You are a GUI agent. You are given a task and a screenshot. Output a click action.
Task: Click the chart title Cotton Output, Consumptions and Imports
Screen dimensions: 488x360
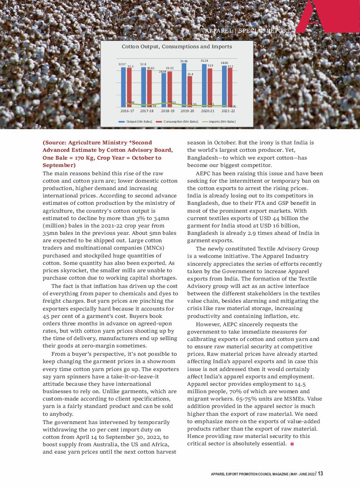click(x=177, y=47)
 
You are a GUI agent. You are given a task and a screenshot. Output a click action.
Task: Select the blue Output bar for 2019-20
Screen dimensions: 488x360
click(x=184, y=85)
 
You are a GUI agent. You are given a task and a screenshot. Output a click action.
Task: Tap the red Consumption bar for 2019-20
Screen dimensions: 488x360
click(x=190, y=91)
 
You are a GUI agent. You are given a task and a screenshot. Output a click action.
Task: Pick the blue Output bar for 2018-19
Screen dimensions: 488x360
click(x=164, y=90)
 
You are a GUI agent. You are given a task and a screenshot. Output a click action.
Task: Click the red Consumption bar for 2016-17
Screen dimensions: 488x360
click(x=130, y=87)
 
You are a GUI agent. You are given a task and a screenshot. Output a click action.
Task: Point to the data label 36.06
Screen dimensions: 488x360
click(x=184, y=61)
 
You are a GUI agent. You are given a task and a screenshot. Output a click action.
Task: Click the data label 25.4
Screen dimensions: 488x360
click(x=190, y=74)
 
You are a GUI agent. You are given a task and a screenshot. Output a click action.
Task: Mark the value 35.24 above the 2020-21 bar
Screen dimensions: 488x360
click(x=204, y=60)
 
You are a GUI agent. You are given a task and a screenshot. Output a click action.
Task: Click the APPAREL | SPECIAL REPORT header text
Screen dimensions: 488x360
click(x=247, y=31)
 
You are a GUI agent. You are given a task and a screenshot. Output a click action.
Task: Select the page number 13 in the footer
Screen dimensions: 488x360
click(x=320, y=474)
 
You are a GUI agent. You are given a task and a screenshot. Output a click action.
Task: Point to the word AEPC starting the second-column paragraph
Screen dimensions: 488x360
click(x=204, y=173)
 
